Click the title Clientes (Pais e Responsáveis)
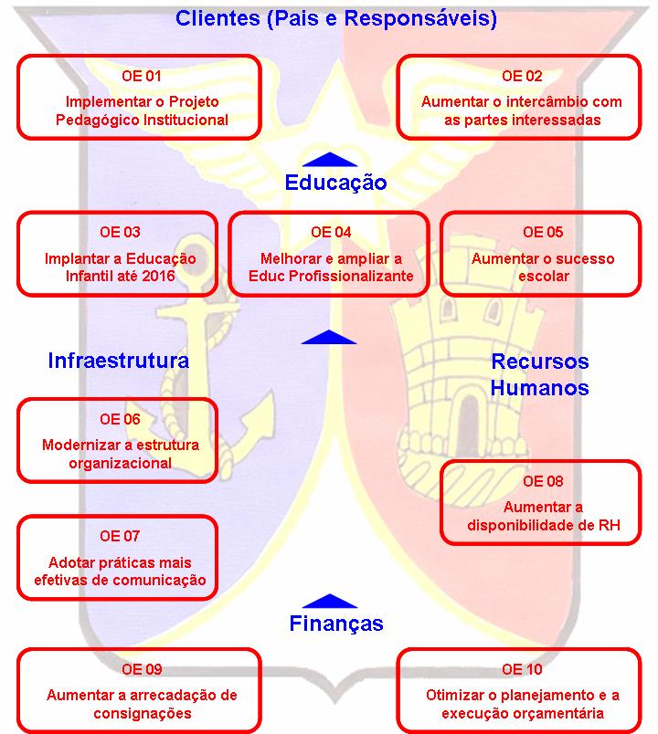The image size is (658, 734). pos(335,18)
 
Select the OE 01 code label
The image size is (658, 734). pos(141,76)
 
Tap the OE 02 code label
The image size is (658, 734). pos(521,76)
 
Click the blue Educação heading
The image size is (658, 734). pos(335,182)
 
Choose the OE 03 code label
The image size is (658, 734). pos(120,232)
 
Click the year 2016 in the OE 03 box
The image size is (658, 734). pos(176,275)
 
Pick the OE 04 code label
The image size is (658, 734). pos(330,232)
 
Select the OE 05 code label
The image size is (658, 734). pos(543,232)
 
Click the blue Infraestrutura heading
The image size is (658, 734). pos(119,360)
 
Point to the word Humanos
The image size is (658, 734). pos(539,387)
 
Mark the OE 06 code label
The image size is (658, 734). pos(120,419)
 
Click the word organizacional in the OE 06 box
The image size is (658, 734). pos(120,463)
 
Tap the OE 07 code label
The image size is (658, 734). pos(120,536)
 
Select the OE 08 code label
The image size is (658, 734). pos(543,481)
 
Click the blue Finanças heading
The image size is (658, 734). pos(335,624)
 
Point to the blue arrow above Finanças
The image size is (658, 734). pos(328,601)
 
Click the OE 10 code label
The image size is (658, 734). pos(521,669)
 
